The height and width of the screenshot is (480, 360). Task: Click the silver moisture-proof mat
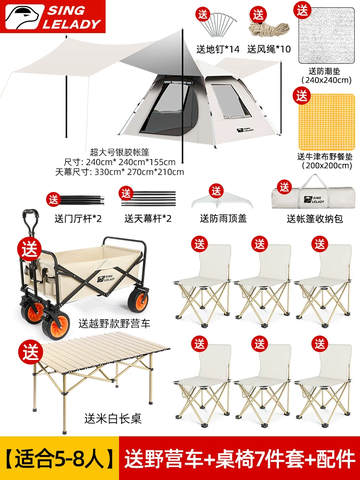point(326,36)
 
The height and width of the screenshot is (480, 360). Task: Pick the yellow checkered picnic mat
point(326,122)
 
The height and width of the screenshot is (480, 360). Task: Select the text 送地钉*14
point(217,49)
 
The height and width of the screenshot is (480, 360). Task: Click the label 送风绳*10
point(269,49)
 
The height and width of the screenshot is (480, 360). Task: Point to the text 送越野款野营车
point(115,324)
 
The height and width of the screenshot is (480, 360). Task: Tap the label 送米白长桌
point(113,419)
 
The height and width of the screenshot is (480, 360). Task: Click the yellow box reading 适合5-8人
point(60,458)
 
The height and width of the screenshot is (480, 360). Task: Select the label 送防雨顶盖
point(223,218)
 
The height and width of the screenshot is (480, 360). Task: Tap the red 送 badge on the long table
point(31,351)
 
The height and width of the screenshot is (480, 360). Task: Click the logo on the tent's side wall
point(245,130)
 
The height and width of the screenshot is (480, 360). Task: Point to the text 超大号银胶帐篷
point(120,152)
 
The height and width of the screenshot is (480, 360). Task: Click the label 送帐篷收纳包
point(315,219)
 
